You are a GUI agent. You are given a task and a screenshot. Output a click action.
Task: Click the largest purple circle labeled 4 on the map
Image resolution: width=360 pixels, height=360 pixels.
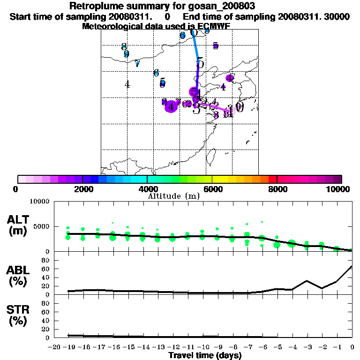pyautogui.click(x=172, y=107)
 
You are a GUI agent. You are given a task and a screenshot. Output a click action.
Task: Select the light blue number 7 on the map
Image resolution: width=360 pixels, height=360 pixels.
pyautogui.click(x=137, y=64)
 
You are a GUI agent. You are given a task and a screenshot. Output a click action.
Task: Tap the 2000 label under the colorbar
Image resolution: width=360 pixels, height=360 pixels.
pyautogui.click(x=82, y=189)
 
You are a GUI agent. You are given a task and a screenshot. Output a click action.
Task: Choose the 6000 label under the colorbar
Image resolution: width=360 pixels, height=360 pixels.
pyautogui.click(x=212, y=189)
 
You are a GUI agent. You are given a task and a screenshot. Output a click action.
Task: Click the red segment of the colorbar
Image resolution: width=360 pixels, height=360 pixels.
pyautogui.click(x=272, y=179)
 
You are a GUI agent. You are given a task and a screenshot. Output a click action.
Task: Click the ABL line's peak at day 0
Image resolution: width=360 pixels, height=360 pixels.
pyautogui.click(x=352, y=267)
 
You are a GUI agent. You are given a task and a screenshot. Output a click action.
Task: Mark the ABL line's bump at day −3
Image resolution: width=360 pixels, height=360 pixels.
pyautogui.click(x=307, y=281)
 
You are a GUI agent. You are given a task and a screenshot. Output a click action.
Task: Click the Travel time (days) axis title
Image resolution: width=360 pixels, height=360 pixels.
pyautogui.click(x=205, y=355)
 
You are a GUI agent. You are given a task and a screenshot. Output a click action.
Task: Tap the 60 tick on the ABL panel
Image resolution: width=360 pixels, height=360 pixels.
pyautogui.click(x=46, y=269)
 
